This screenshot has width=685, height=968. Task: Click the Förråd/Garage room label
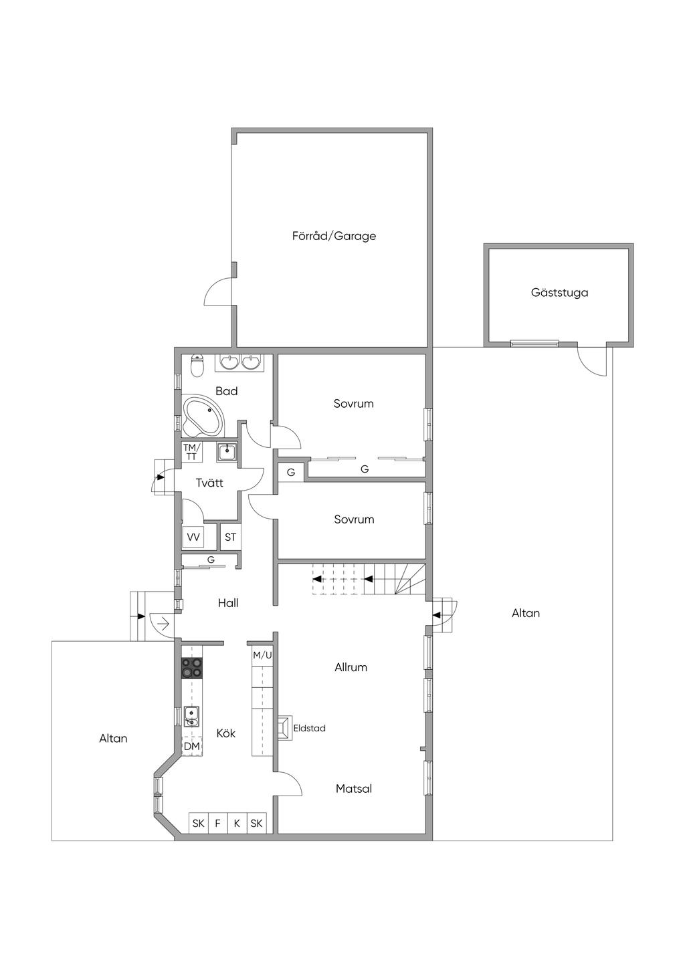[334, 236]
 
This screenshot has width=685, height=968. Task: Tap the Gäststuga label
[559, 293]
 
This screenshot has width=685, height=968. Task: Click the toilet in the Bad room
[197, 366]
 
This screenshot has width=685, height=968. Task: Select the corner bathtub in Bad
[205, 415]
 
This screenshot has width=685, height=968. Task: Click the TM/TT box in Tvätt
[191, 452]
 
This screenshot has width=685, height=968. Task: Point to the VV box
[193, 537]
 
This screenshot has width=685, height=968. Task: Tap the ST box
[230, 537]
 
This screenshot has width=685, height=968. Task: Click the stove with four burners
[192, 668]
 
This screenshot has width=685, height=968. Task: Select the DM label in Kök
[192, 746]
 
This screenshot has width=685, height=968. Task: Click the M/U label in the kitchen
[262, 655]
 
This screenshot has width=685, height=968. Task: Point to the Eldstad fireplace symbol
[284, 727]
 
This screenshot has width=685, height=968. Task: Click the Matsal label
[353, 789]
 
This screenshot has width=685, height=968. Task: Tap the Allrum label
[351, 667]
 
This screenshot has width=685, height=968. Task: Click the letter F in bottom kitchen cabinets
[217, 824]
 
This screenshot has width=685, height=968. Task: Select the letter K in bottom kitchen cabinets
[237, 824]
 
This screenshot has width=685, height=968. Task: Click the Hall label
[228, 603]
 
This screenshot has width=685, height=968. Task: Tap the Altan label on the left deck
[113, 739]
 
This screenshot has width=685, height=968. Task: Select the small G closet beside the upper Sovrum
[291, 473]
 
